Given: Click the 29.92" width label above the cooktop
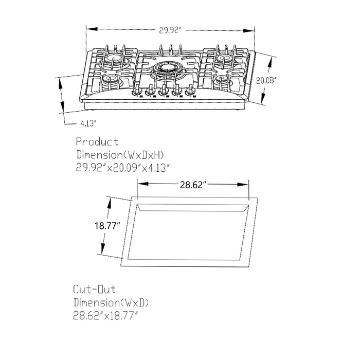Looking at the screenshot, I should (x=170, y=31).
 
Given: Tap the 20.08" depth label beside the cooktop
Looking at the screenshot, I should (x=266, y=80).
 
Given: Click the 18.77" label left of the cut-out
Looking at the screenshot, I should (x=107, y=226).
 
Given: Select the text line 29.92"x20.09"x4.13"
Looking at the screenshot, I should (x=122, y=167).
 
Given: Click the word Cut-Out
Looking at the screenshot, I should (x=95, y=290).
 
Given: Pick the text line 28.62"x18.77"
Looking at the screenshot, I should (x=105, y=315).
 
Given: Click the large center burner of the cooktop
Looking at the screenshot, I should (x=168, y=68).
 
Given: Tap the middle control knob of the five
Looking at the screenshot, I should (x=164, y=93).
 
